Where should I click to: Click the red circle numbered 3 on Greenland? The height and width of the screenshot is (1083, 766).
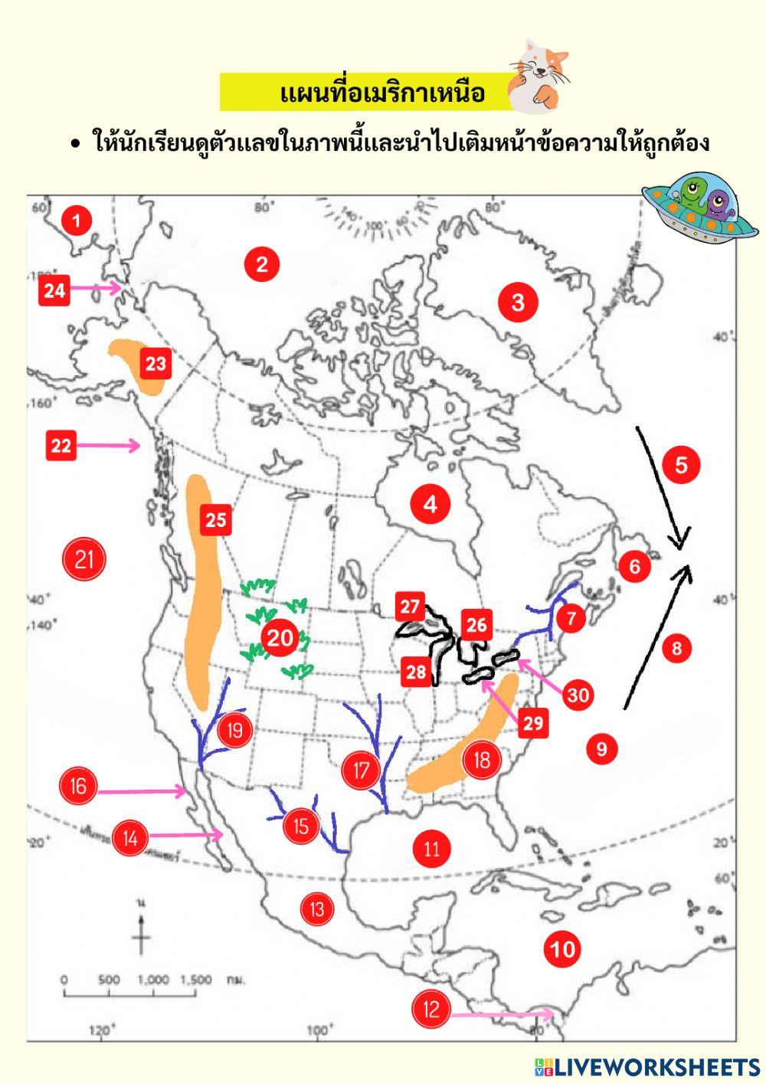pos(518,302)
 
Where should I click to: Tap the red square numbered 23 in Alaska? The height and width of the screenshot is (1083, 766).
pos(155,362)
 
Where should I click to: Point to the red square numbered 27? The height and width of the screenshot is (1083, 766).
pos(411,607)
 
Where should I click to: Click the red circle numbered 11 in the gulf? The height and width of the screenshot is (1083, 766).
pos(431,848)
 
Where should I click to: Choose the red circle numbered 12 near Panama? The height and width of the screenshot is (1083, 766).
pos(431,1009)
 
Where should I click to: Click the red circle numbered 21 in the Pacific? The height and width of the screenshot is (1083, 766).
pos(83,559)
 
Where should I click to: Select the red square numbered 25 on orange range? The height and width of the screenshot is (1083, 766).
pos(215,519)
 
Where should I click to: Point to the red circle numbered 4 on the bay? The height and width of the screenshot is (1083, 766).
pos(430,504)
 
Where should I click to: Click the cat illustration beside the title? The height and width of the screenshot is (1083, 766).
pos(540,73)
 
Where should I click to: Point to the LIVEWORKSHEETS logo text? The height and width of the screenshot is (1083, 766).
pos(656,1067)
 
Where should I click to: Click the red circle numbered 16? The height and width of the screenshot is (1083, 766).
pos(78,785)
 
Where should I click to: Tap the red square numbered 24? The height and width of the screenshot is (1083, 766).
pos(54,290)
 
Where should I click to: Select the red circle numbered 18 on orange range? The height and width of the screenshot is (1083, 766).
pos(481,760)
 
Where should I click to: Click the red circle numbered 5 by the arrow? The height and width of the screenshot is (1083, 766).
pos(681,464)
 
